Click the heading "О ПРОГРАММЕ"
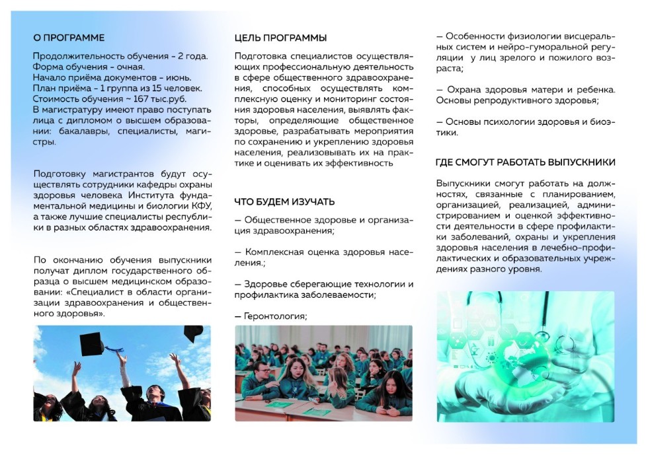pos(69,38)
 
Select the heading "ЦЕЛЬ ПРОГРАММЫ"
pos(280,38)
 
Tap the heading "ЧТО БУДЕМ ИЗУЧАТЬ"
pos(284,201)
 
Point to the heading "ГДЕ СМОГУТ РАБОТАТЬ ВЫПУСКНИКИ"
pos(526,162)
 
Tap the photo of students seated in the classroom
pos(323,373)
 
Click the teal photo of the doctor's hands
pos(525,357)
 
